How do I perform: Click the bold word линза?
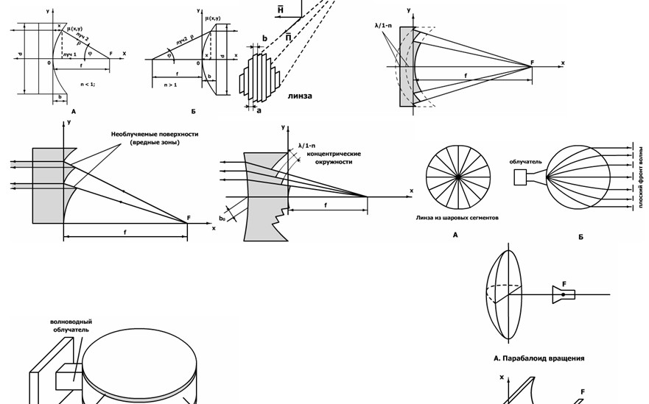[x=299, y=96]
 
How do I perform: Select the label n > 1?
[x=171, y=85]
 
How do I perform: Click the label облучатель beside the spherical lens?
[x=525, y=161]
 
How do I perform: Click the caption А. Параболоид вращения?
[x=539, y=358]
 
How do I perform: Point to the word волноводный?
[x=71, y=322]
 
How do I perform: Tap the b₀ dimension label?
[x=222, y=219]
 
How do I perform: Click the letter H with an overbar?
[x=280, y=10]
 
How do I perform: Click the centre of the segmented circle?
[x=457, y=177]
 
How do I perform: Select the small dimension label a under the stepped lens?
[x=259, y=111]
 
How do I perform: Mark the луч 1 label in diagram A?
[x=70, y=55]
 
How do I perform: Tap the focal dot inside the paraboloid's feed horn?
[x=564, y=294]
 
